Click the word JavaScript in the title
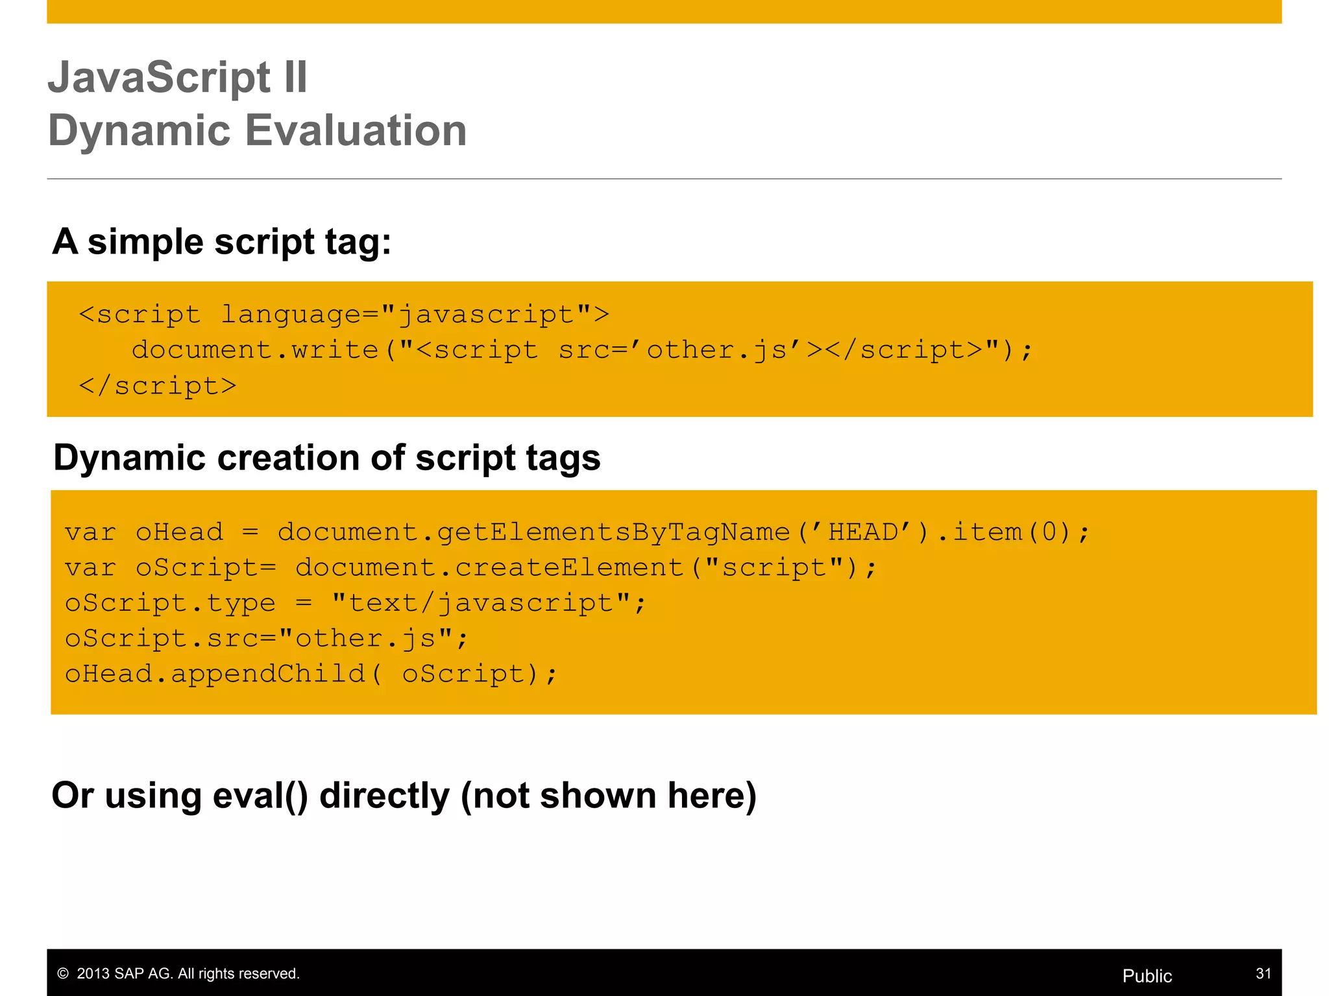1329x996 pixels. click(160, 78)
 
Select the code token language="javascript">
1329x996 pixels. click(415, 314)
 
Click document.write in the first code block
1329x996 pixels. click(254, 350)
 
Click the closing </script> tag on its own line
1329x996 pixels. click(158, 386)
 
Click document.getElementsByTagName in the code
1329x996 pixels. click(533, 532)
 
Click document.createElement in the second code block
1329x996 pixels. click(489, 568)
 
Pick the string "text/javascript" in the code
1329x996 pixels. click(480, 603)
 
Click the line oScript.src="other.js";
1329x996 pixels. click(266, 639)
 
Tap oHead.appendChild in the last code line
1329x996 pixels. click(215, 674)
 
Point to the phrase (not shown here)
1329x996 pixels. click(608, 796)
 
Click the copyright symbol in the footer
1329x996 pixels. click(63, 973)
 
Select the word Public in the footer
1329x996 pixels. click(1147, 976)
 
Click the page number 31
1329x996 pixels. click(1263, 973)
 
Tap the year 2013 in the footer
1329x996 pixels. click(93, 973)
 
